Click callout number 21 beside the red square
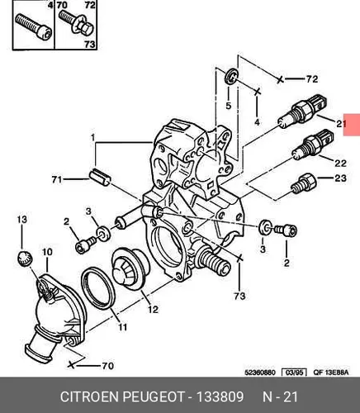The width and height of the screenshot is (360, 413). pyautogui.click(x=341, y=124)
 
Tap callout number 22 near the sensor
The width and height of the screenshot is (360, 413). pyautogui.click(x=340, y=164)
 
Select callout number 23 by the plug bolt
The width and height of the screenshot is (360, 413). pyautogui.click(x=340, y=178)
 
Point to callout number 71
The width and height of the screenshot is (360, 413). pyautogui.click(x=57, y=180)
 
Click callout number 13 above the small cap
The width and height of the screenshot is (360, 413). pyautogui.click(x=22, y=220)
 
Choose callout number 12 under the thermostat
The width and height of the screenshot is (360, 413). pyautogui.click(x=153, y=310)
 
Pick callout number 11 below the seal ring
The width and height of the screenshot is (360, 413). pyautogui.click(x=122, y=327)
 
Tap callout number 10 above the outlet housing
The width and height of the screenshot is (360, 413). pyautogui.click(x=47, y=252)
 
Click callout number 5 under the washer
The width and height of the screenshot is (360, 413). pyautogui.click(x=229, y=106)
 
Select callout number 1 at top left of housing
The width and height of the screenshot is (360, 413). pyautogui.click(x=93, y=137)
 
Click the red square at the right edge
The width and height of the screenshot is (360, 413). pyautogui.click(x=352, y=125)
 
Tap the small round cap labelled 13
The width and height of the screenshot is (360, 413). pyautogui.click(x=25, y=259)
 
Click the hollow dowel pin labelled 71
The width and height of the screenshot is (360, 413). pyautogui.click(x=100, y=178)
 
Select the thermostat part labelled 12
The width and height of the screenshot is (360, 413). pyautogui.click(x=130, y=268)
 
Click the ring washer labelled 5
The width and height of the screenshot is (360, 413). pyautogui.click(x=231, y=76)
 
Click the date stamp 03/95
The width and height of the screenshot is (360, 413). pyautogui.click(x=294, y=373)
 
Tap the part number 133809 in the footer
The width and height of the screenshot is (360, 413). pyautogui.click(x=220, y=397)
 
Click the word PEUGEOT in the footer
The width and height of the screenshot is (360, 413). pyautogui.click(x=153, y=397)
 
